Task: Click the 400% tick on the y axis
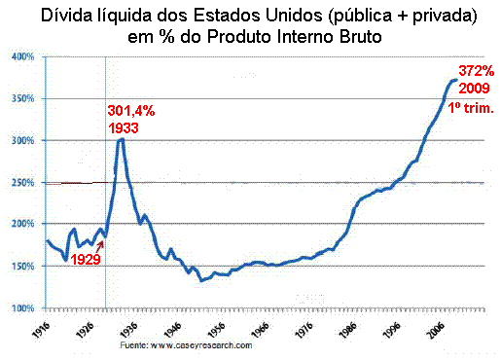[x=22, y=56]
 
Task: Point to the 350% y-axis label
[x=22, y=99]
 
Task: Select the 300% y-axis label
[x=22, y=141]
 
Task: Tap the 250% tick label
[x=22, y=183]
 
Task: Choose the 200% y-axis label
[x=22, y=225]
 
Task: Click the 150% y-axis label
[x=22, y=267]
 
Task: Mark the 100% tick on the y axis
[x=22, y=308]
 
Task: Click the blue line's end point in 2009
[x=455, y=80]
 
